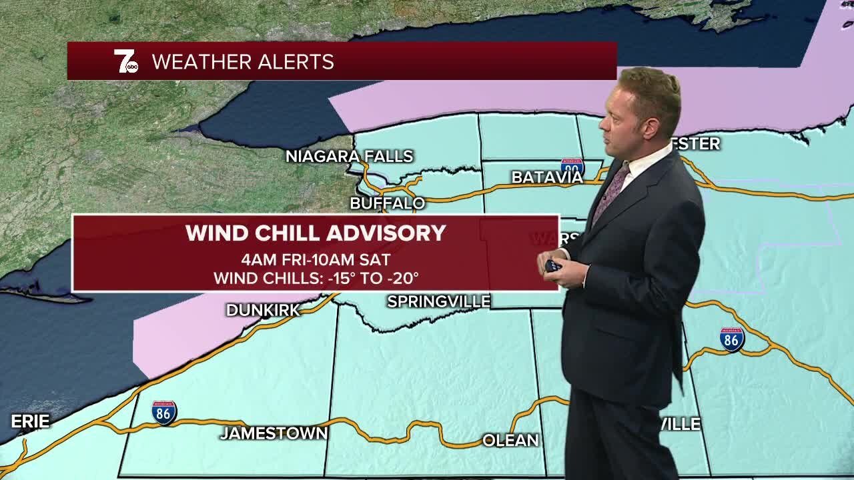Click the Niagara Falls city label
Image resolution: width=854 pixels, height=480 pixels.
350,156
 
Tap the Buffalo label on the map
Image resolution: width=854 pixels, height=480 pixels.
388,203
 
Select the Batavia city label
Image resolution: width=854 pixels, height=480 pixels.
547,177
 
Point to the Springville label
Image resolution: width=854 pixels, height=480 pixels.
438,301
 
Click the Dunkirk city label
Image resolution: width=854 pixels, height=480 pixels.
264,310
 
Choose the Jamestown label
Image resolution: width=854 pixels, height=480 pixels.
274,433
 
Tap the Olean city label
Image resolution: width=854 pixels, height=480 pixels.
510,440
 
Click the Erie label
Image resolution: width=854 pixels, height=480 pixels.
30,421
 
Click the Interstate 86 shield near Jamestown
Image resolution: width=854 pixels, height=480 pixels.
164,413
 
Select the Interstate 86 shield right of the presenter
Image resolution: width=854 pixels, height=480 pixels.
732,339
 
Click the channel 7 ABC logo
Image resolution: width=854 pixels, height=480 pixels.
125,61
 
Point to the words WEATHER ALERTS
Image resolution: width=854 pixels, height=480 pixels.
243,62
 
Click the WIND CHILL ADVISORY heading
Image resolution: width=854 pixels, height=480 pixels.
316,233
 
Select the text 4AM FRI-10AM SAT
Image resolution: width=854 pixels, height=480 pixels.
316,259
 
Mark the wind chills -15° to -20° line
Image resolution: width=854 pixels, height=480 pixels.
316,278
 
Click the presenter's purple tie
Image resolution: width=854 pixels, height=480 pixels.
609,193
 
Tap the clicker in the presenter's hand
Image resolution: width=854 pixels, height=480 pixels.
553,265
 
